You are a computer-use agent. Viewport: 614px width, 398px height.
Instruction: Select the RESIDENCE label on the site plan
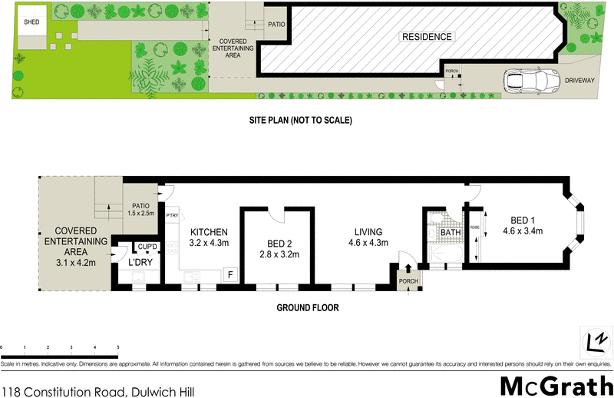426,37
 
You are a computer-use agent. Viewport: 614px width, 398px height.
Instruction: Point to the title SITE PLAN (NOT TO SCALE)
300,121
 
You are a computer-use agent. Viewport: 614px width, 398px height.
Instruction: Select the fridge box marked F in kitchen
229,274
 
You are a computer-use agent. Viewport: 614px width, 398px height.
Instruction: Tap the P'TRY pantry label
172,217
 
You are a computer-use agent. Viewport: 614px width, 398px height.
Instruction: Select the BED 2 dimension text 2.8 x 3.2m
279,255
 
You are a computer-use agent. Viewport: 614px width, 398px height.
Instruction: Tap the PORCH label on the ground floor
408,281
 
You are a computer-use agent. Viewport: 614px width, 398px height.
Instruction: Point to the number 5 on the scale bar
118,348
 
